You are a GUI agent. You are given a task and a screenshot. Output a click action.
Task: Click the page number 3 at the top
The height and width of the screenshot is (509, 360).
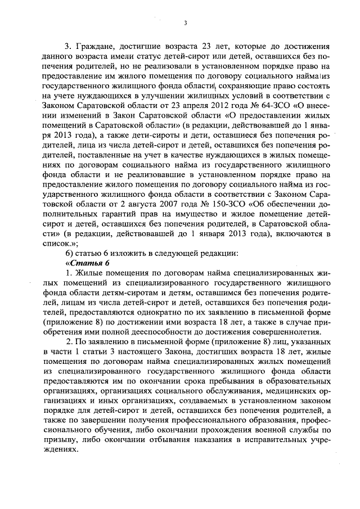tap(184, 22)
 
